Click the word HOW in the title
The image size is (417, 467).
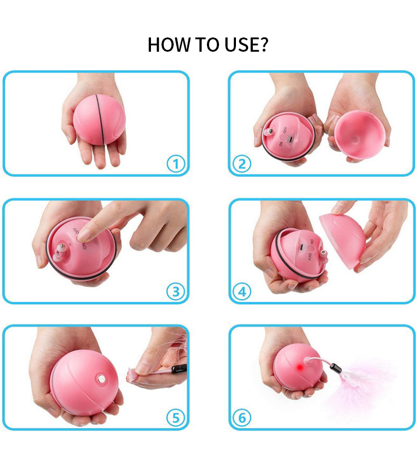169,45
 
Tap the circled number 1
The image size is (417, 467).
176,164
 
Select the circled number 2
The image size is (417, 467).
242,164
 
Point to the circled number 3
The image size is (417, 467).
176,292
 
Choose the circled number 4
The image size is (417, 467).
242,292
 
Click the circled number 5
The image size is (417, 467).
176,417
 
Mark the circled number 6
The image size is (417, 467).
242,417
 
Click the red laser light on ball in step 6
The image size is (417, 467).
300,368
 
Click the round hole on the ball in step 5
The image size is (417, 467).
101,378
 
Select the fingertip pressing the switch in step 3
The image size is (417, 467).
84,235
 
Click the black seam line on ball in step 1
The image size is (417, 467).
100,119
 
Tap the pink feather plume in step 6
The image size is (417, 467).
363,384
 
